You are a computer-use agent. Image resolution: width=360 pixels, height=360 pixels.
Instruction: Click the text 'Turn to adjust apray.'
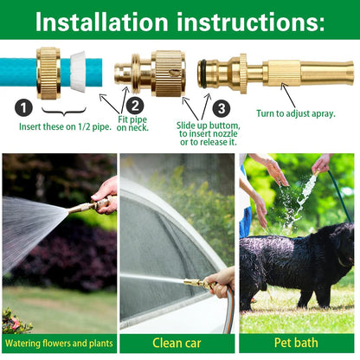click(x=293, y=113)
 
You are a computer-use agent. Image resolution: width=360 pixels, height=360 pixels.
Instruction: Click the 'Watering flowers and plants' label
click(x=59, y=344)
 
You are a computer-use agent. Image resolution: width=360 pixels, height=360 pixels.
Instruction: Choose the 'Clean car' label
click(x=178, y=344)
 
